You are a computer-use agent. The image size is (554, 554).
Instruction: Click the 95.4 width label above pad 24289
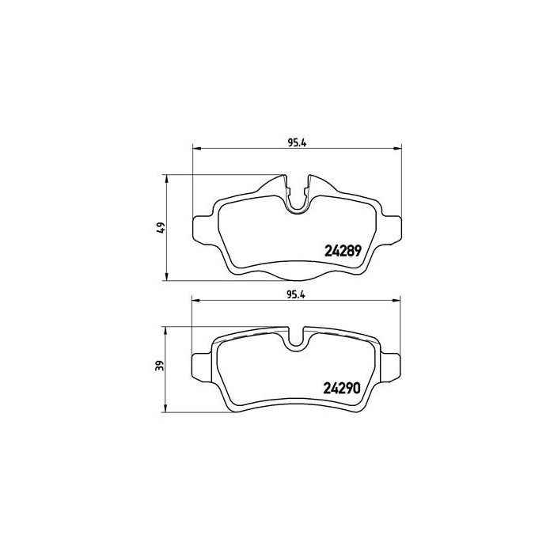point(297,142)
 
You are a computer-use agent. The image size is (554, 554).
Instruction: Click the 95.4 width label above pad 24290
point(297,294)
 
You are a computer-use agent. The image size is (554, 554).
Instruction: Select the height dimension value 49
point(160,227)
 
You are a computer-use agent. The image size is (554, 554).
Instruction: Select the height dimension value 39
point(160,366)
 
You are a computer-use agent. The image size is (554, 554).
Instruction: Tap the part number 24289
point(343,251)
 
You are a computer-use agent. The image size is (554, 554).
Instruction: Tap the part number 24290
point(343,389)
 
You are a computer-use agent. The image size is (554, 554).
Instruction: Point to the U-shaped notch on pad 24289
point(298,202)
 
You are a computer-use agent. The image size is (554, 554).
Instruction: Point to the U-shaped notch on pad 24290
point(298,341)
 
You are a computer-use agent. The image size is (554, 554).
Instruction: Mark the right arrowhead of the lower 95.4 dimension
point(397,300)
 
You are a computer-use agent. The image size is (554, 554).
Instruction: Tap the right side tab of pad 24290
point(392,369)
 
